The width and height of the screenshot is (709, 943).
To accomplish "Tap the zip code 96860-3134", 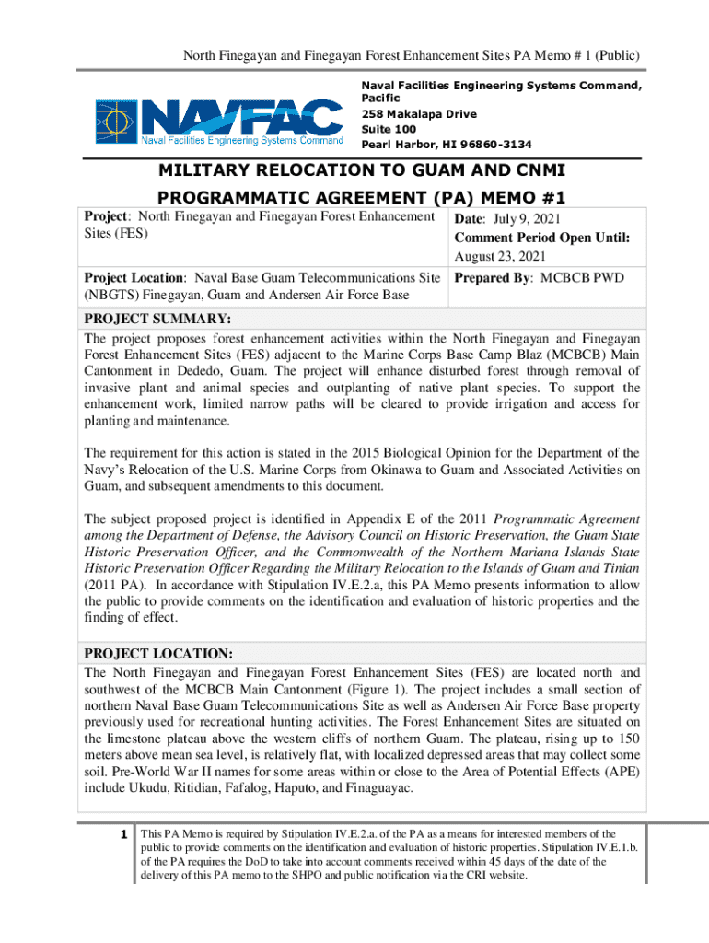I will pyautogui.click(x=497, y=145).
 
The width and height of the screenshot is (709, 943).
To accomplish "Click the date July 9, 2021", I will pyautogui.click(x=526, y=218).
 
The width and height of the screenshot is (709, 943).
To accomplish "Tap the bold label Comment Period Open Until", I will pyautogui.click(x=540, y=238).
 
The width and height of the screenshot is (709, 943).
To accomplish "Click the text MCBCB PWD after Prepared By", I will pyautogui.click(x=583, y=276).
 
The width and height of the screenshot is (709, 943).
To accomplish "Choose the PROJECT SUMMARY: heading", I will pyautogui.click(x=157, y=319).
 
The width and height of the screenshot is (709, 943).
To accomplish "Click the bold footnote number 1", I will pyautogui.click(x=122, y=833).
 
